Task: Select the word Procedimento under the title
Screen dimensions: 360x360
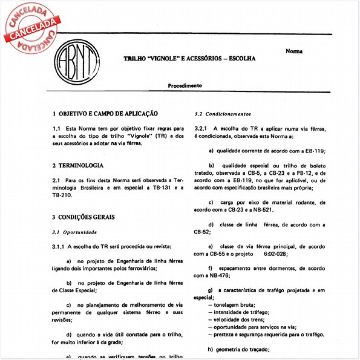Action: (x=185, y=86)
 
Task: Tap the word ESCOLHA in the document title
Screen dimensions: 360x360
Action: (x=238, y=59)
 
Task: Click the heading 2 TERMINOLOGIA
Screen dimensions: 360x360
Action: (x=78, y=165)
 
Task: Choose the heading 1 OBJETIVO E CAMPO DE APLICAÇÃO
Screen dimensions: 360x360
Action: (x=105, y=113)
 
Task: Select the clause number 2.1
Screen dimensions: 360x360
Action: (x=56, y=180)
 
